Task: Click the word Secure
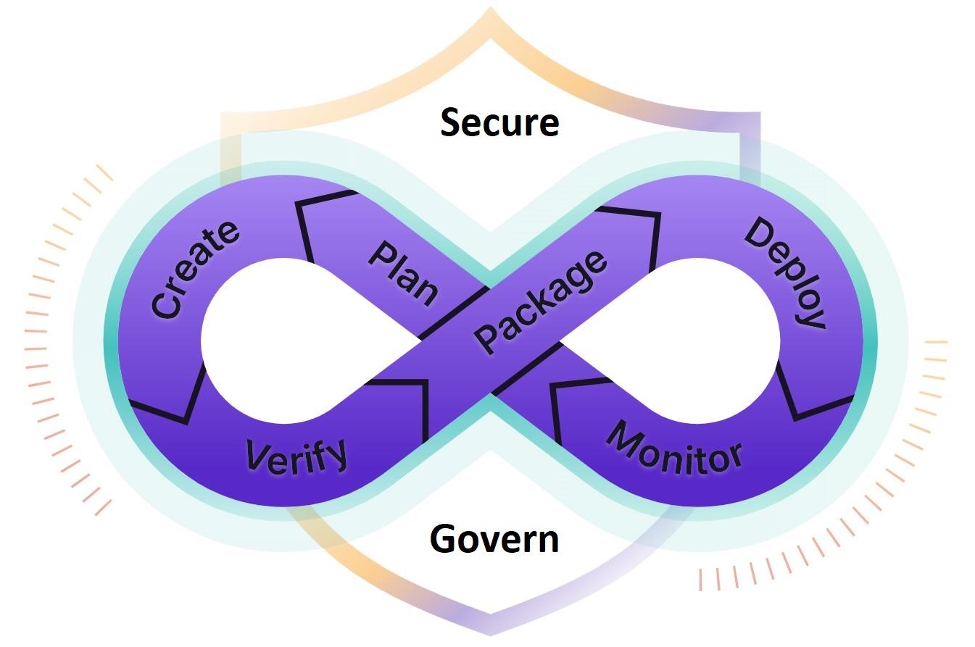pos(499,122)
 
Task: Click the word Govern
pos(494,539)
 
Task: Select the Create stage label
pos(194,269)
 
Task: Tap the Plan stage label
pos(403,272)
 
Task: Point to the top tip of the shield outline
pos(491,9)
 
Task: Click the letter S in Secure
pos(451,122)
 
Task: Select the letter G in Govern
pos(443,539)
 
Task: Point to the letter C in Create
pos(165,304)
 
